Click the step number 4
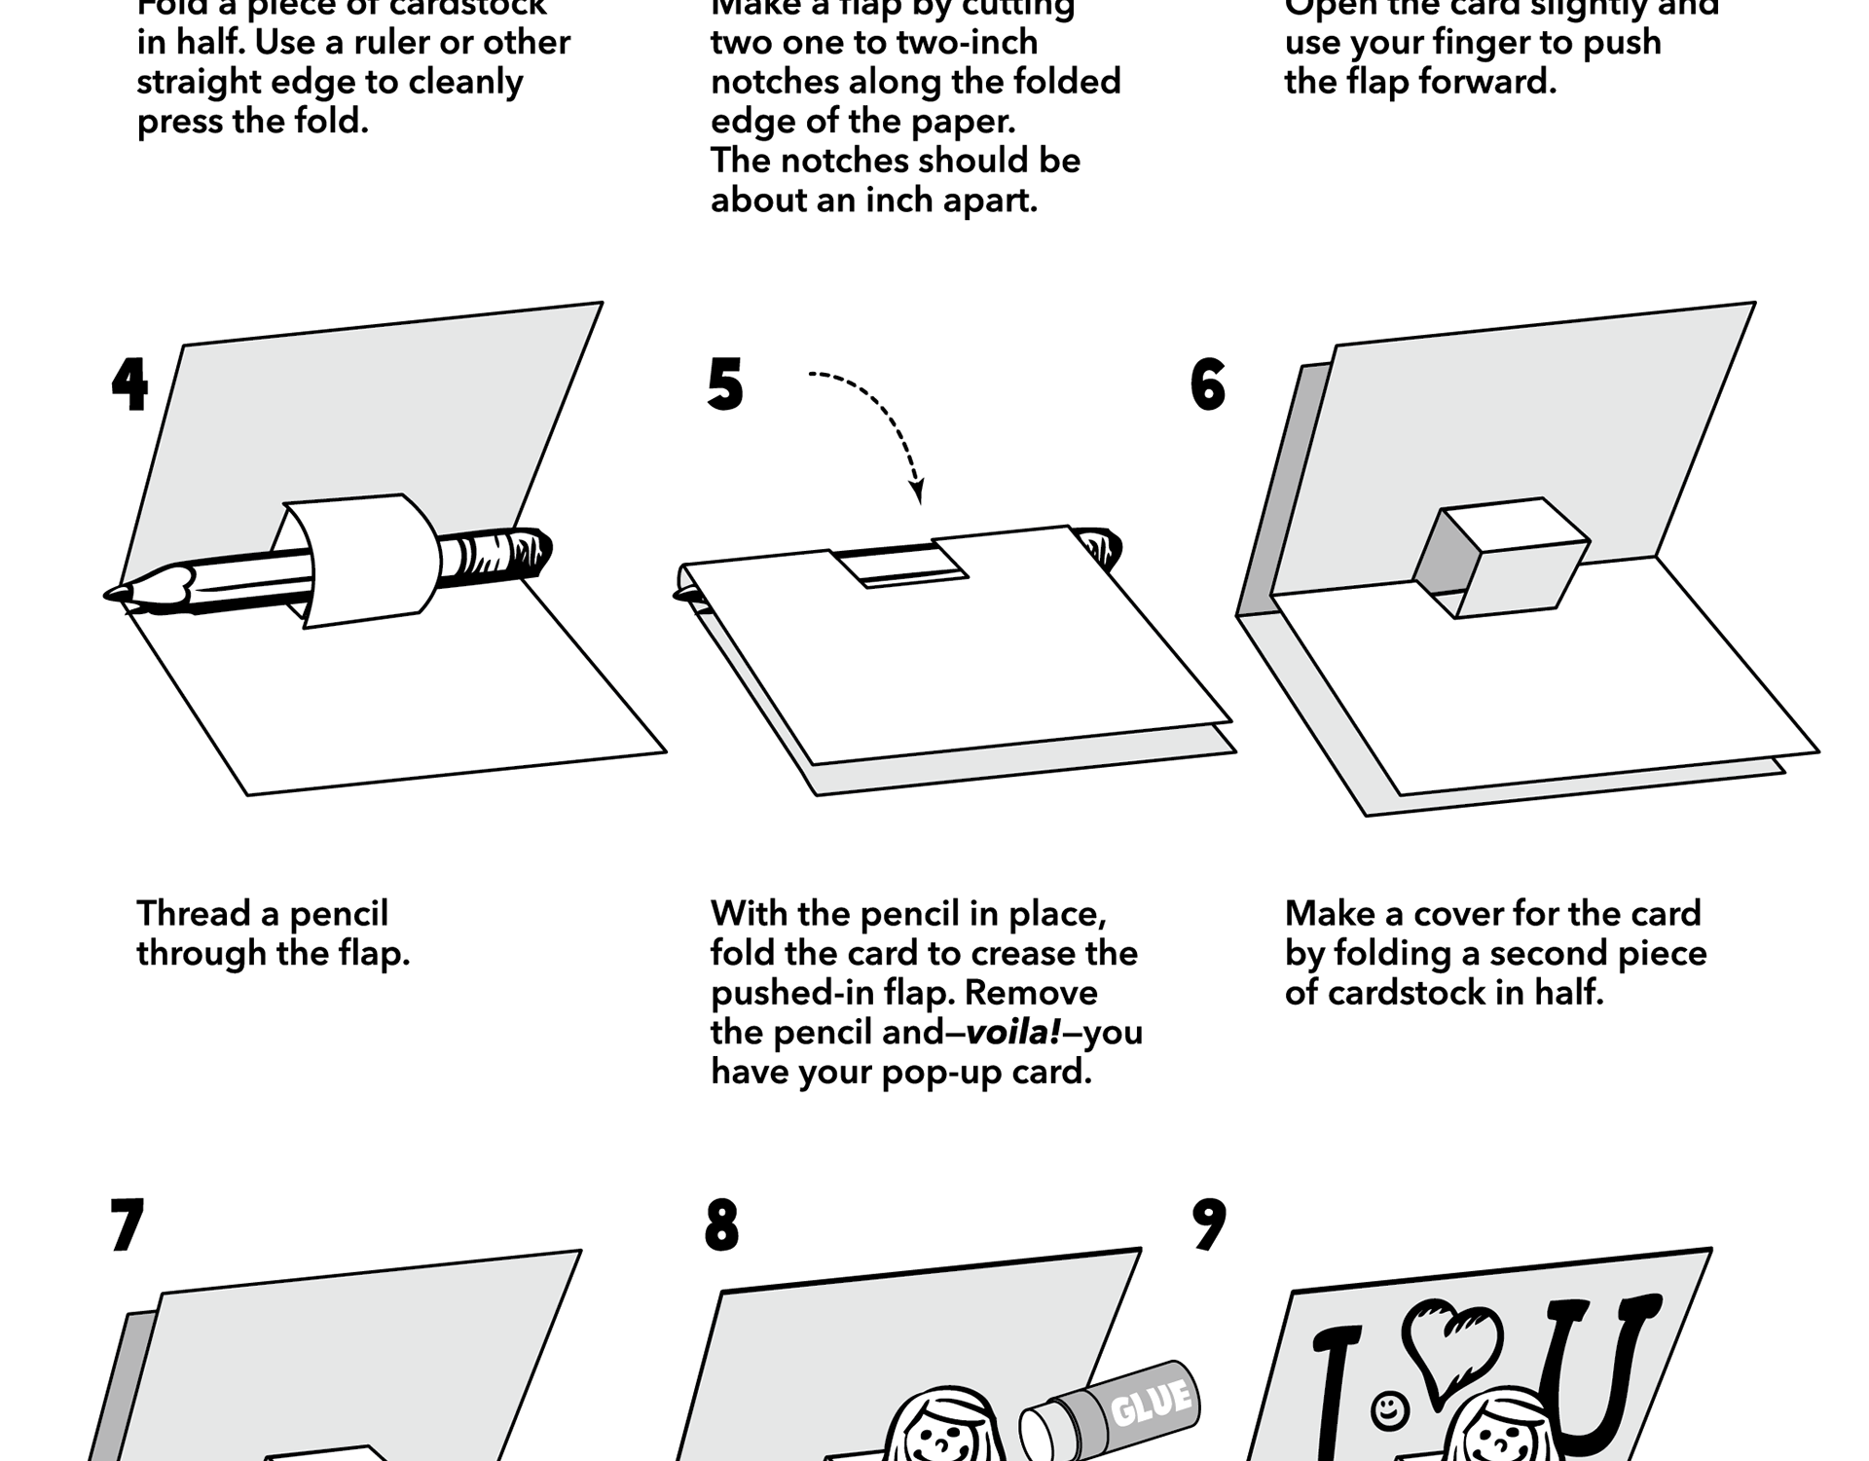coord(129,385)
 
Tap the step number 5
coord(725,385)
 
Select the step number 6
coord(1208,385)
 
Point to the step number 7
coord(128,1225)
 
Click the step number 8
coord(721,1225)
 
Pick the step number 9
coord(1209,1225)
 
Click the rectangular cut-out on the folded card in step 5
coord(900,565)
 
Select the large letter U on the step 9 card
coord(1596,1372)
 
